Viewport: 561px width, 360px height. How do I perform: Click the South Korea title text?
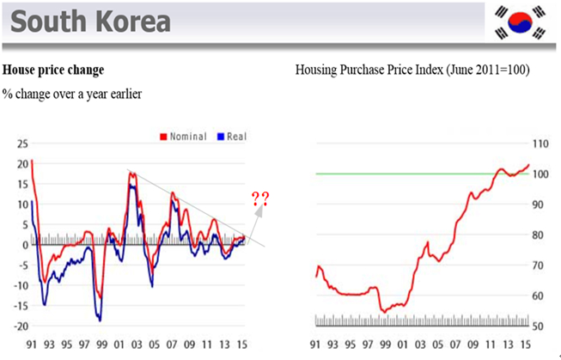[90, 21]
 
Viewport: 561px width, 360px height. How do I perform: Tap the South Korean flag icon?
[520, 22]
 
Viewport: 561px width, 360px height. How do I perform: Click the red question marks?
[260, 200]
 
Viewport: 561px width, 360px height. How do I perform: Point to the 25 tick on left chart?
[20, 144]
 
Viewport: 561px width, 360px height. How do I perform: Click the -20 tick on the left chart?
[18, 326]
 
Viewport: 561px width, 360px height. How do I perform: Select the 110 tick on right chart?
[540, 143]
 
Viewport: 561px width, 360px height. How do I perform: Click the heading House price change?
[53, 68]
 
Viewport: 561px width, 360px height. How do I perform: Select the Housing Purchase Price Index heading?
[412, 69]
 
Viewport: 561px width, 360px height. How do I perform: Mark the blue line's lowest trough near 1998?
[100, 320]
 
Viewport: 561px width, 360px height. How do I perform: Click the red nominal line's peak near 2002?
[131, 173]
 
